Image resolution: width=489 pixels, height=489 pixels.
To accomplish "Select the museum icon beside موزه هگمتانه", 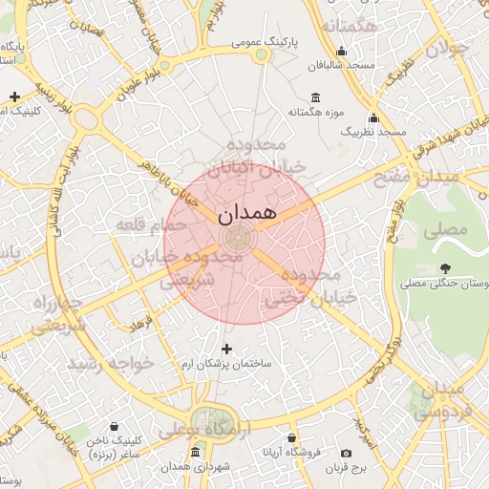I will [x=316, y=97].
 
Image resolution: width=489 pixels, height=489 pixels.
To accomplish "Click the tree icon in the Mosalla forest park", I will [x=445, y=268].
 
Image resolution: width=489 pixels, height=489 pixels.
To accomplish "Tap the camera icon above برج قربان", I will [x=346, y=453].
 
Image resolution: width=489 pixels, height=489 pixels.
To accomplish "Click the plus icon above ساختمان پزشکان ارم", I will [x=226, y=349].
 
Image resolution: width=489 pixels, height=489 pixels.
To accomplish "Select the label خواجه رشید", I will [x=110, y=363].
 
